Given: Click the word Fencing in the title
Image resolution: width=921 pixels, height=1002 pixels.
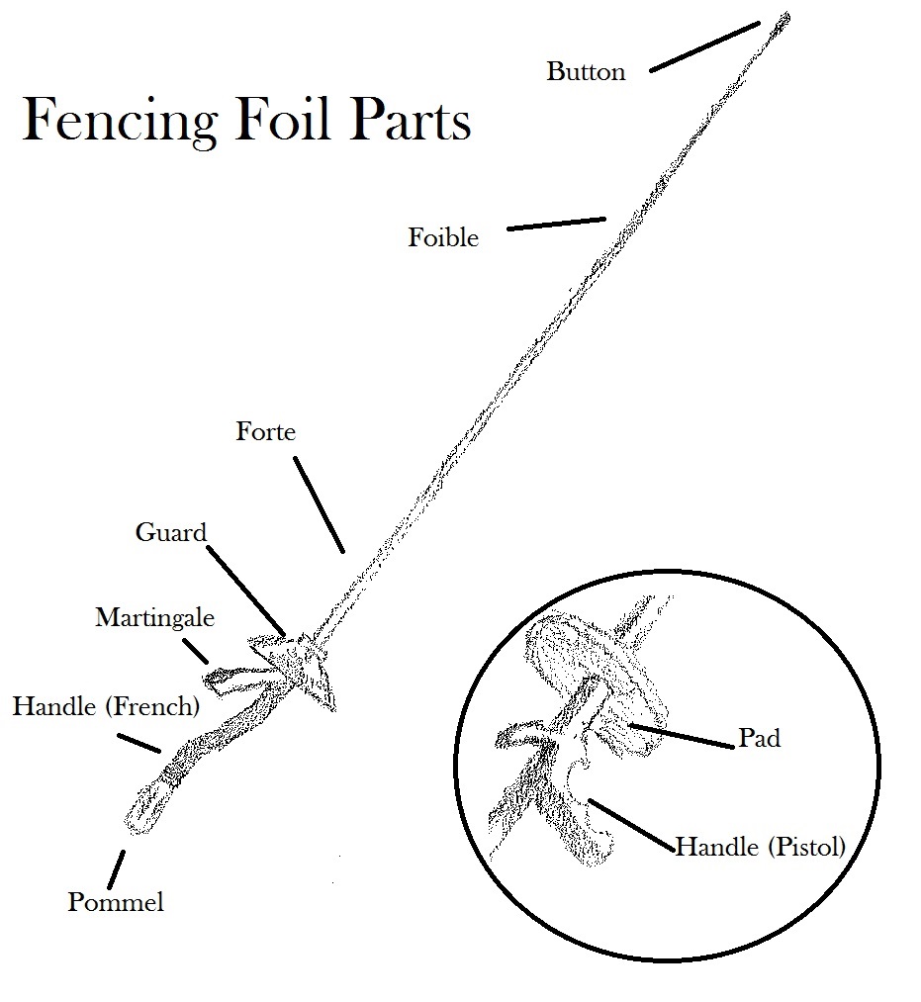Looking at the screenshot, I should pyautogui.click(x=119, y=122).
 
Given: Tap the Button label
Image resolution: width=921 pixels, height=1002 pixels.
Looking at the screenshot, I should pyautogui.click(x=586, y=72).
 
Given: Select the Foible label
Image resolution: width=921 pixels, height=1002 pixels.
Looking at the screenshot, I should pyautogui.click(x=443, y=238).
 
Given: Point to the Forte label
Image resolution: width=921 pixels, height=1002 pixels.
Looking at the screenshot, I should pyautogui.click(x=265, y=432).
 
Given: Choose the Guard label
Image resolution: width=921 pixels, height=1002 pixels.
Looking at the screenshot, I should pyautogui.click(x=170, y=533).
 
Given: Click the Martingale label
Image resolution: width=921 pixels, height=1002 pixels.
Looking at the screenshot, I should pyautogui.click(x=154, y=618).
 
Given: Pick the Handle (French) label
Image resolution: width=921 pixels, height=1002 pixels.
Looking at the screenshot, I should pyautogui.click(x=106, y=707).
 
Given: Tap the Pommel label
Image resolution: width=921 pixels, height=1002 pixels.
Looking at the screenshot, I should pyautogui.click(x=115, y=902).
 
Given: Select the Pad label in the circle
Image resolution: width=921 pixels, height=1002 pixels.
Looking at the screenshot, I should pyautogui.click(x=759, y=739).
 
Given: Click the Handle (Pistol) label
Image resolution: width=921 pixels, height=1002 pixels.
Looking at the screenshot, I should pyautogui.click(x=760, y=848).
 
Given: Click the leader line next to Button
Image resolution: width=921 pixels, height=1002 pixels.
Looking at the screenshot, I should pyautogui.click(x=704, y=46).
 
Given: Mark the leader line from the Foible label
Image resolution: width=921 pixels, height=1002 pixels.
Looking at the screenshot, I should pyautogui.click(x=556, y=224).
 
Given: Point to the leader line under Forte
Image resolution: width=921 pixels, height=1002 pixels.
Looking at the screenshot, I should pyautogui.click(x=321, y=505).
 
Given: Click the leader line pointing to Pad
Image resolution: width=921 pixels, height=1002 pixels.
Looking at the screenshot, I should pyautogui.click(x=683, y=733).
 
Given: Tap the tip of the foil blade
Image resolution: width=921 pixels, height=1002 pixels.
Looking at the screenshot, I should pyautogui.click(x=785, y=17).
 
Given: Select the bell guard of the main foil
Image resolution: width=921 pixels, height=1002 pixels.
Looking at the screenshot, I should pyautogui.click(x=297, y=668).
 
